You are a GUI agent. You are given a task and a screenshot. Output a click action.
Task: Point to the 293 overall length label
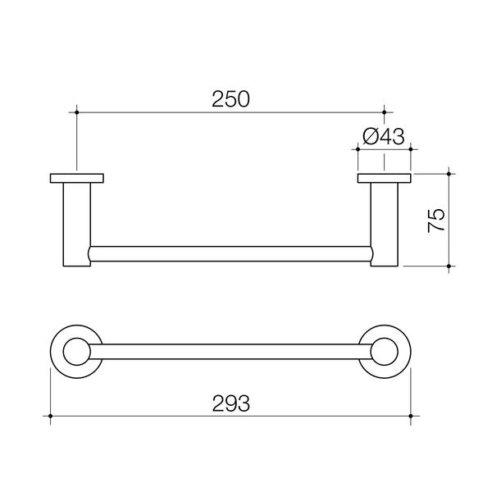pyautogui.click(x=230, y=403)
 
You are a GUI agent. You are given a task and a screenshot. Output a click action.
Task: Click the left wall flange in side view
pyautogui.click(x=77, y=178)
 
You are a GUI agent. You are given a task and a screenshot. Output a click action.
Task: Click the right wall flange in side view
pyautogui.click(x=384, y=178)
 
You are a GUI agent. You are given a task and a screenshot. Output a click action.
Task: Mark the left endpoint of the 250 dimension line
pyautogui.click(x=77, y=112)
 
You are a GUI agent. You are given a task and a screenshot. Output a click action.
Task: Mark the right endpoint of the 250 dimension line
pyautogui.click(x=384, y=112)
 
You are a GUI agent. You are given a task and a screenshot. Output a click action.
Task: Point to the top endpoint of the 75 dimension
pyautogui.click(x=449, y=173)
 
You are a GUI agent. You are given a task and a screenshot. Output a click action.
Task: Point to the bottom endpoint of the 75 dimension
pyautogui.click(x=449, y=266)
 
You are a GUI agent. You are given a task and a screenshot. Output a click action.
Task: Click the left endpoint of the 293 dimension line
pyautogui.click(x=51, y=417)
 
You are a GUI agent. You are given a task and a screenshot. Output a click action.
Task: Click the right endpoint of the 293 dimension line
pyautogui.click(x=411, y=417)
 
